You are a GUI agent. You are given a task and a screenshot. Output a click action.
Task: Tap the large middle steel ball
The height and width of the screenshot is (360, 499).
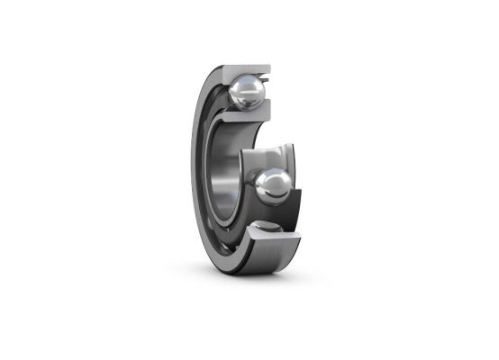coord(272,185)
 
